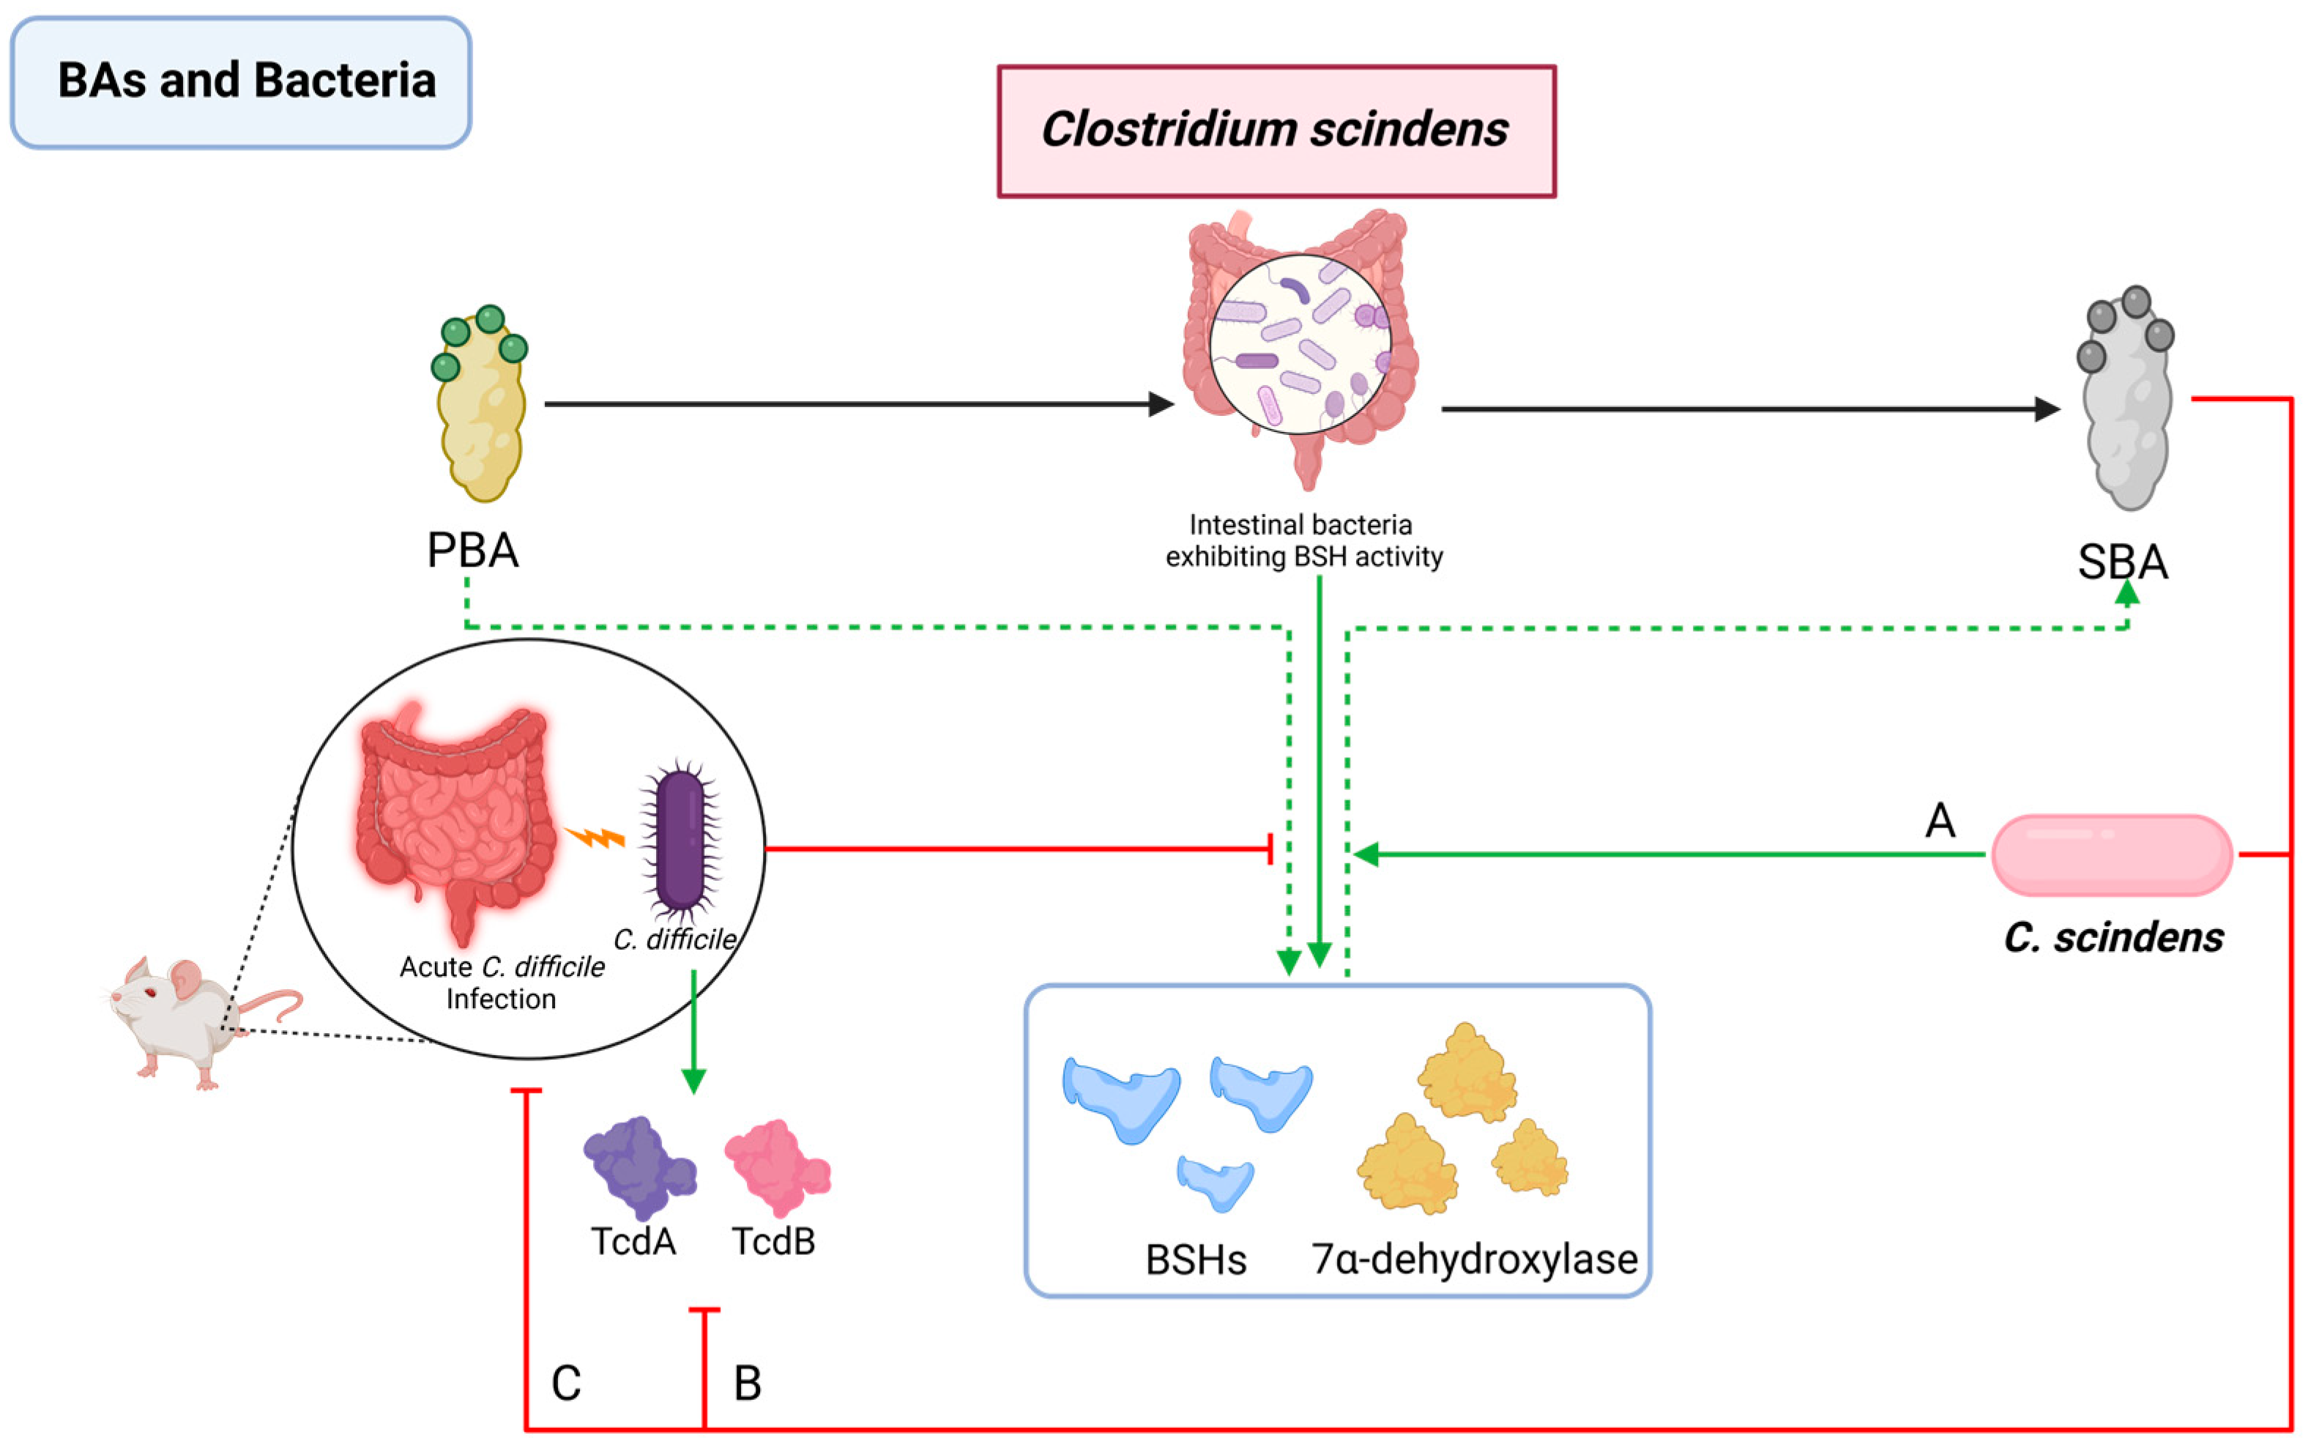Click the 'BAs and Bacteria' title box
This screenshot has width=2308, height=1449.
(241, 81)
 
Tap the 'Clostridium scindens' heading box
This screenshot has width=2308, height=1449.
(1276, 131)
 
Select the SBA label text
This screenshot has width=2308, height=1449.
(2122, 562)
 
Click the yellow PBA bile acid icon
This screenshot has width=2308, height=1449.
(481, 407)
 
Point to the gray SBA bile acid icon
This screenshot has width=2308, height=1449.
(2128, 403)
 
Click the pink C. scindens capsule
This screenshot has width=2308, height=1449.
(2112, 855)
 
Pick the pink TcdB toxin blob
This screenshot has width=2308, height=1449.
(776, 1167)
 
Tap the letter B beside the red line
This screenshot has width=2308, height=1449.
(748, 1384)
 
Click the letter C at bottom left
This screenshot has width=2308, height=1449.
(565, 1384)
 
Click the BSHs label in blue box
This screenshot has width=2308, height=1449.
(1195, 1260)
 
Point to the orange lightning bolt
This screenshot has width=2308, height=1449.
(595, 838)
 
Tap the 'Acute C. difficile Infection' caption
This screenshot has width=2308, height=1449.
(502, 983)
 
